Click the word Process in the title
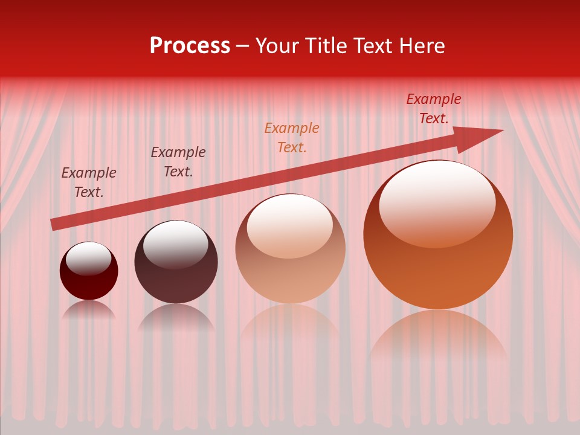coord(190,46)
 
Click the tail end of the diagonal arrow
coord(54,224)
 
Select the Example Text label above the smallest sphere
coord(89,182)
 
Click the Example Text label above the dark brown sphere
coord(178,162)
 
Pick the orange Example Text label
coord(292,138)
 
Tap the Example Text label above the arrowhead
coord(434,109)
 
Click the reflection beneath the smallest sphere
coord(89,310)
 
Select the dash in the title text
coord(243,47)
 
